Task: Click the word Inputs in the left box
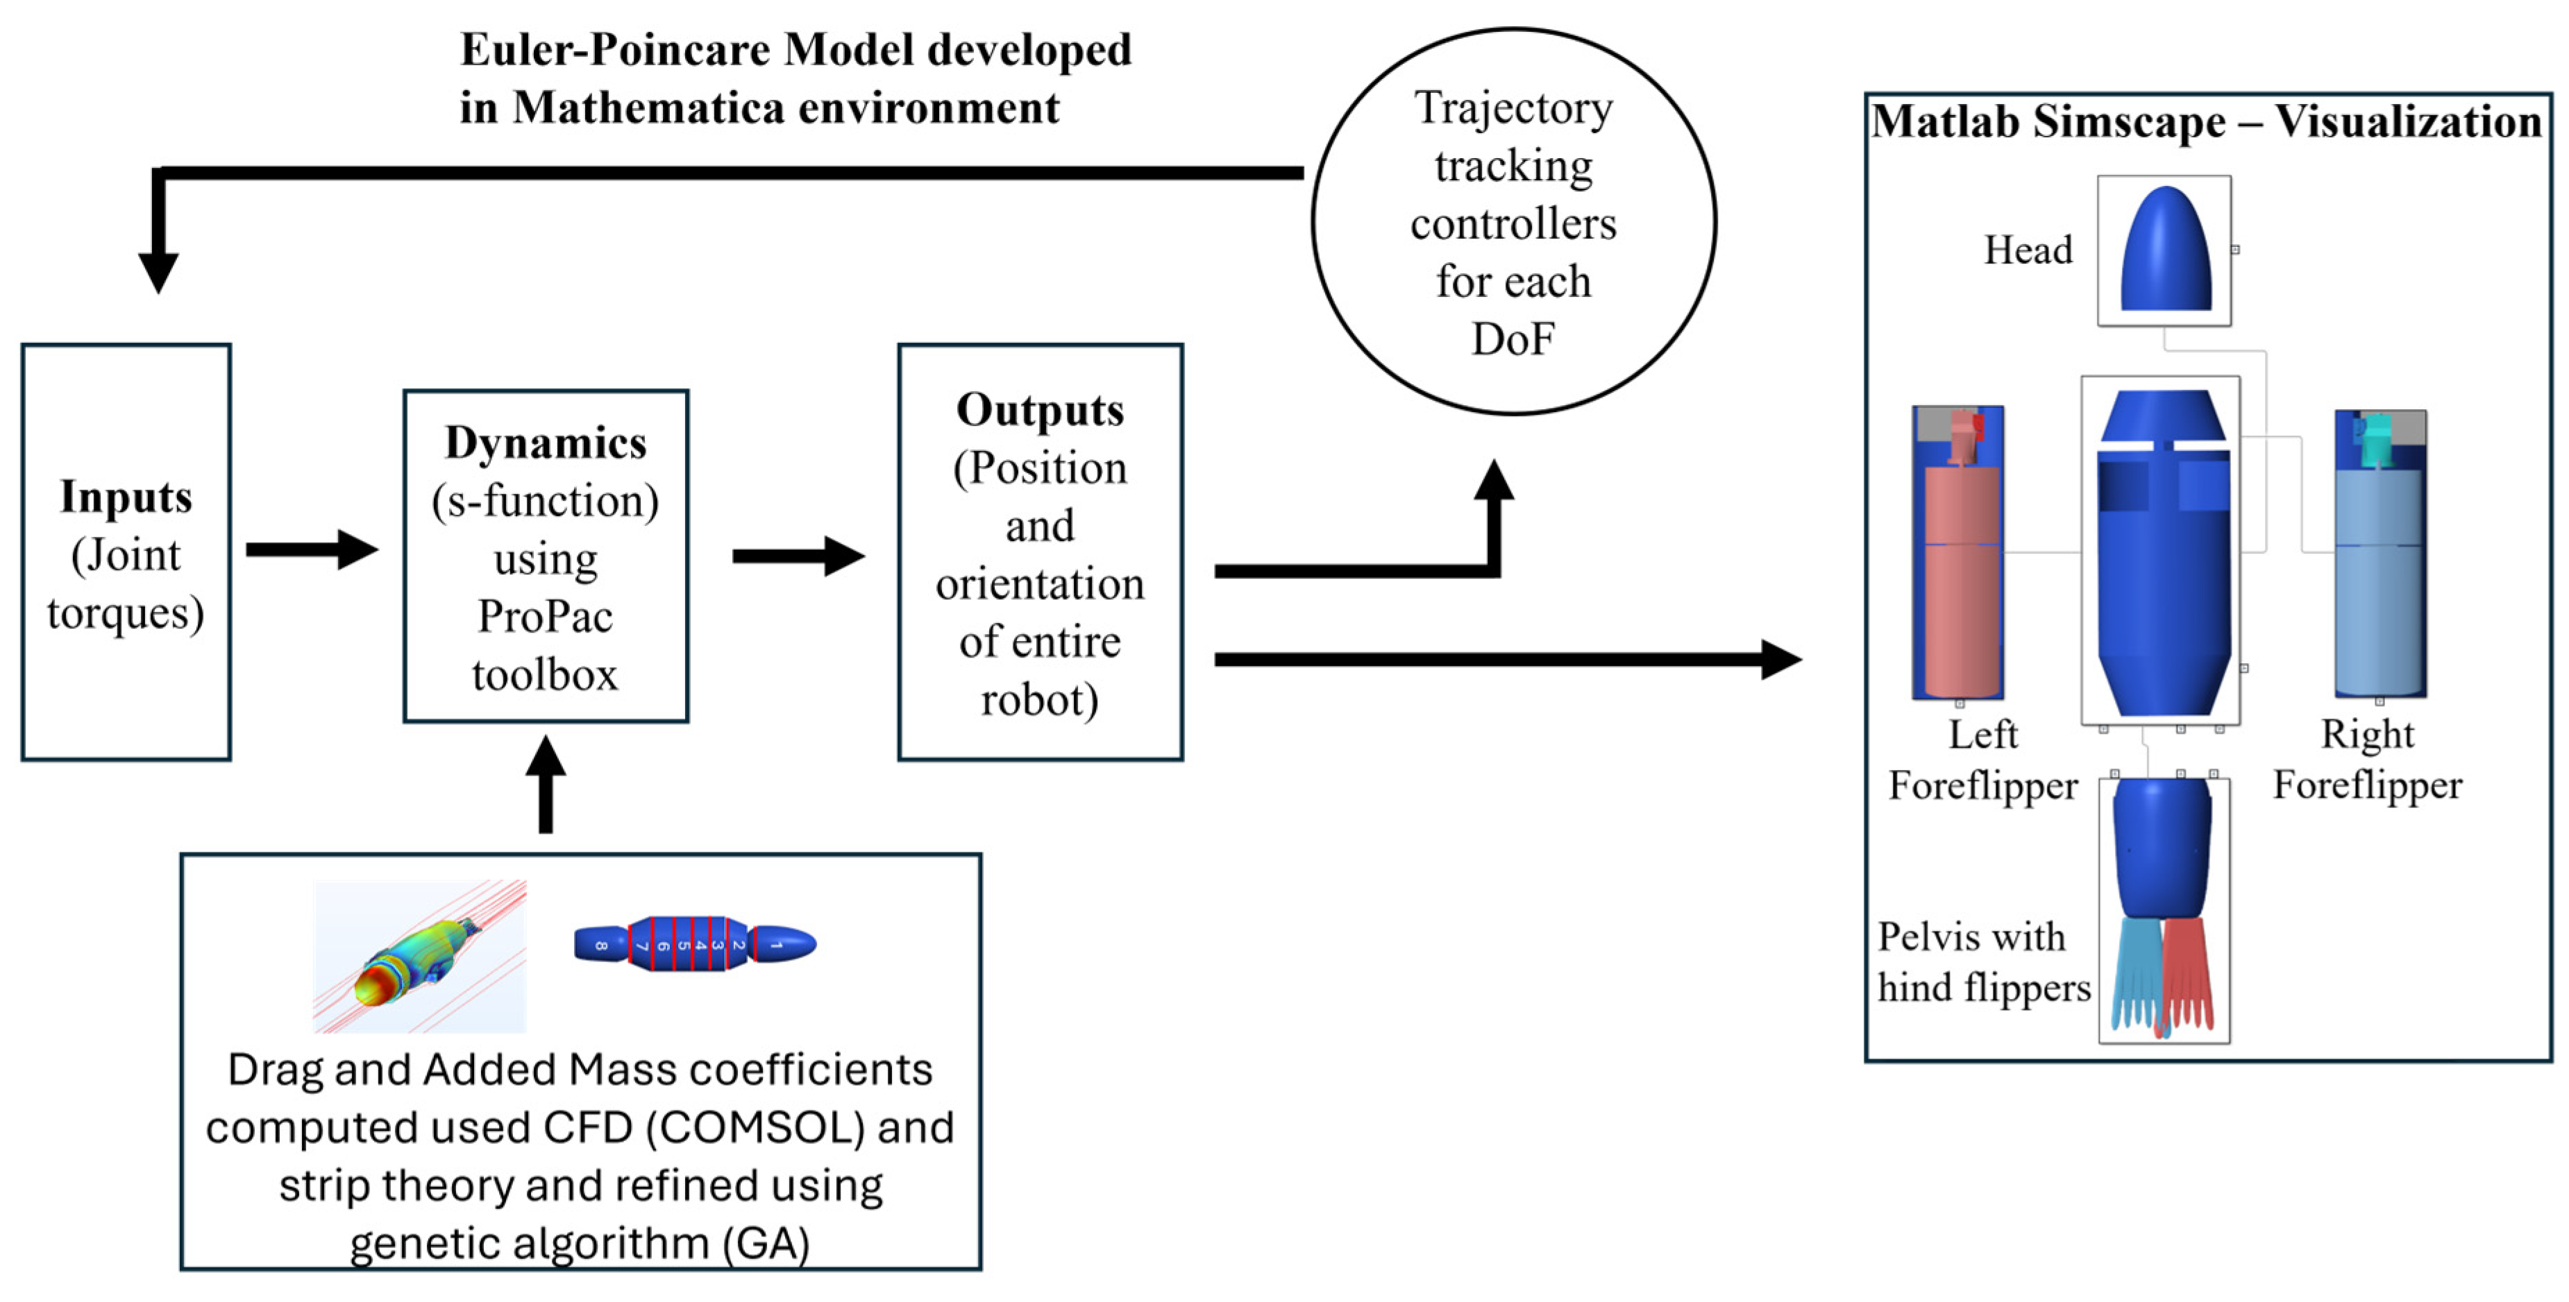click(x=126, y=497)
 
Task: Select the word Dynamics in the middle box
click(x=546, y=443)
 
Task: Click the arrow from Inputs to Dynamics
click(x=311, y=549)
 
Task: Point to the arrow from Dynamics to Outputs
click(x=798, y=556)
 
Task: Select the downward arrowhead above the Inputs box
click(x=158, y=271)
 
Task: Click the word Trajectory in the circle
click(x=1513, y=108)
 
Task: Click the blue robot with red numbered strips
click(x=695, y=943)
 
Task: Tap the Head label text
click(x=2028, y=249)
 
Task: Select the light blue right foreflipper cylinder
click(x=2380, y=588)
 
